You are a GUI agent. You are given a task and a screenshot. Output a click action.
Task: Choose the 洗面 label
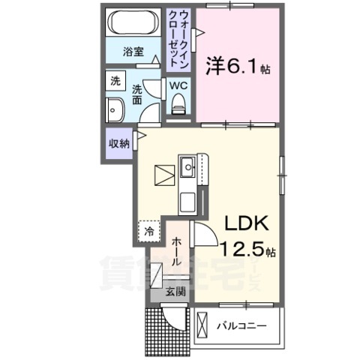tap(137, 94)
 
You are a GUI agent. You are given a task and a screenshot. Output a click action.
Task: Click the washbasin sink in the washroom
tap(116, 109)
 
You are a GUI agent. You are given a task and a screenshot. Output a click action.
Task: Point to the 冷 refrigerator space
tap(149, 231)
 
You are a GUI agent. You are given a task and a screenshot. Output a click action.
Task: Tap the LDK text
tap(242, 223)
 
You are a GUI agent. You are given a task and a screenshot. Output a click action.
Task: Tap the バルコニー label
tap(242, 326)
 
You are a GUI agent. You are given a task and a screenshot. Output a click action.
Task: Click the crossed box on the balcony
tap(203, 326)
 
